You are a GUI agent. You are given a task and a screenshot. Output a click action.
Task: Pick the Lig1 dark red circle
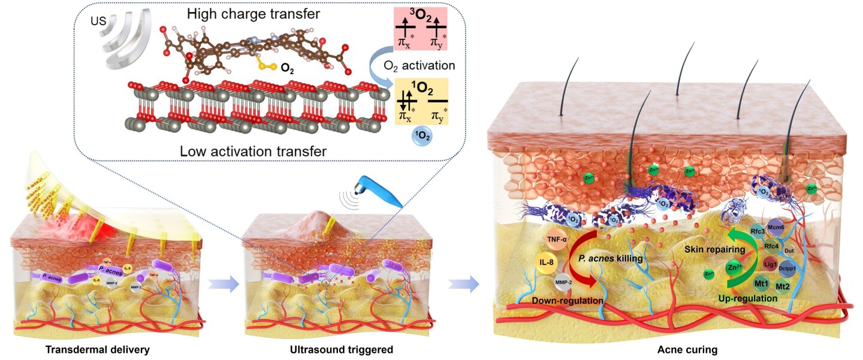(771, 262)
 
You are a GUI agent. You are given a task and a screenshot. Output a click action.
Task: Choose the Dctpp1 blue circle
(787, 268)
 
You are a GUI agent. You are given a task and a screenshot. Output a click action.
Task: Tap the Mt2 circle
(783, 286)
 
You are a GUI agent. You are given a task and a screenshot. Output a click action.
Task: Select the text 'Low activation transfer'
(253, 151)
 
